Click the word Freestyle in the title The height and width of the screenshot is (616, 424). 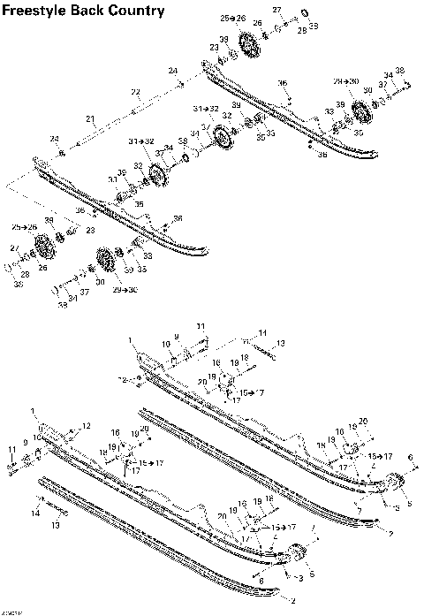[x=38, y=11]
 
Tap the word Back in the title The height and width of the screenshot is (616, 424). [x=95, y=11]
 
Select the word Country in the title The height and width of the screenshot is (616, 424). [x=139, y=11]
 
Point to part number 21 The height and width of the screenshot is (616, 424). [x=90, y=118]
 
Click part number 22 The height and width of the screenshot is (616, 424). [x=135, y=92]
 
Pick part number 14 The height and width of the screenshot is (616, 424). [x=36, y=513]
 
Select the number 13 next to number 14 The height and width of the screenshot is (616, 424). [x=54, y=525]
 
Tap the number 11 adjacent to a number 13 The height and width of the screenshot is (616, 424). [x=262, y=333]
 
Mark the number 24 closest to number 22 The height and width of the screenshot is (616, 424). [x=173, y=71]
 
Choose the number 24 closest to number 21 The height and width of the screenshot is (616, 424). [x=54, y=139]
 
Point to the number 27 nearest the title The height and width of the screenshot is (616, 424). [x=276, y=10]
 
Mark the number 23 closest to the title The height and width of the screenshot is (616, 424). [x=214, y=48]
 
